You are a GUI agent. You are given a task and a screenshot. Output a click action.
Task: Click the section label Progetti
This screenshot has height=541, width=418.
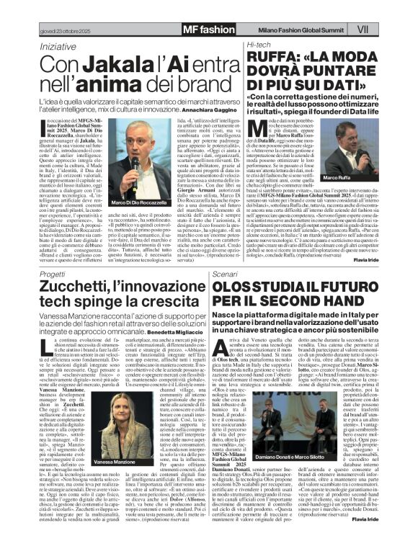[x=53, y=275]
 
